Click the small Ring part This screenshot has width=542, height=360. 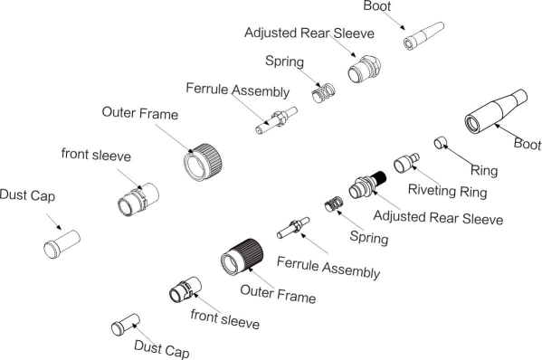440,143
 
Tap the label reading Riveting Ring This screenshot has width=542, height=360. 447,192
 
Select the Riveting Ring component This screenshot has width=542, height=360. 406,163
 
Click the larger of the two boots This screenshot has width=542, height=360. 496,111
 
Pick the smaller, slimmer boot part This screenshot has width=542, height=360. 423,36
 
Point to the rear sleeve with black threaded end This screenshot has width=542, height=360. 367,185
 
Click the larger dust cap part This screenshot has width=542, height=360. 62,244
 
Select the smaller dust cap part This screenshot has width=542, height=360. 126,325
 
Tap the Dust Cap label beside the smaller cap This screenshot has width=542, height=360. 162,349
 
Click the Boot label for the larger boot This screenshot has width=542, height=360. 528,144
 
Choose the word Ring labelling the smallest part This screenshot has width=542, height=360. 484,170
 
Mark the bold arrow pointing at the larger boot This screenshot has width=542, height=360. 507,131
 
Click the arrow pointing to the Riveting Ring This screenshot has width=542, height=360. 426,175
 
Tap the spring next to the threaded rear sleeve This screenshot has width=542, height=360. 334,204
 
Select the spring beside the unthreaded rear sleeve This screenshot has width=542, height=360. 323,93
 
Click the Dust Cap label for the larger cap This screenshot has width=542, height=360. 27,195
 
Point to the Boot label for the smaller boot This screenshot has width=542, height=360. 377,5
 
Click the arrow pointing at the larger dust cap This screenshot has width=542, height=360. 54,222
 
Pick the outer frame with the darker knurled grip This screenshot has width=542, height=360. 242,256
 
